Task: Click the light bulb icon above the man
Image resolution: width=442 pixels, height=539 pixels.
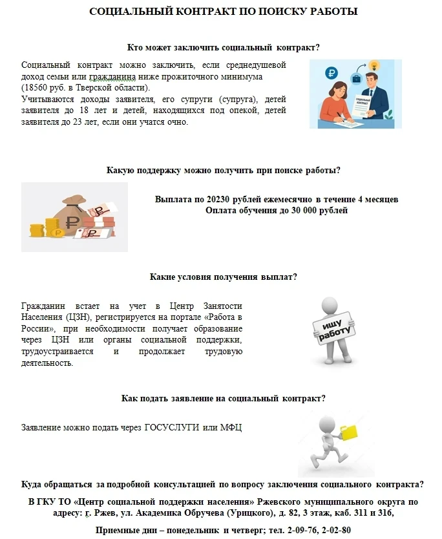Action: coord(373,65)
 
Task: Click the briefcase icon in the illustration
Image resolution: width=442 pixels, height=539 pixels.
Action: coord(356,78)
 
